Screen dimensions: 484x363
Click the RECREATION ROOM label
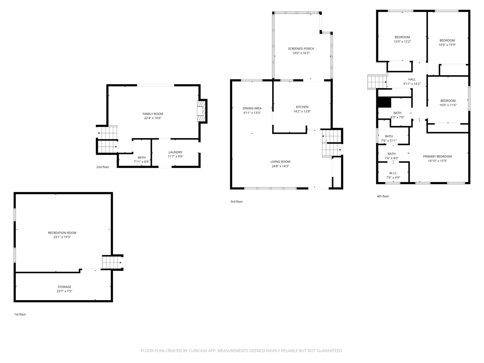62,233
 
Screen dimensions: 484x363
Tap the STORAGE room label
65,287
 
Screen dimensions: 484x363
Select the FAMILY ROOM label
153,114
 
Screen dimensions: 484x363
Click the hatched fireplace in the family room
201,111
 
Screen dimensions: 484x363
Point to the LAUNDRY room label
175,152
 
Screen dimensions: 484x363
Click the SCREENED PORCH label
301,48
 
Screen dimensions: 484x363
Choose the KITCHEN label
302,107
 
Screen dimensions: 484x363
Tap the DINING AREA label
252,108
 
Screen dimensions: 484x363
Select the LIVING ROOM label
280,162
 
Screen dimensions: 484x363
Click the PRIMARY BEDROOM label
437,157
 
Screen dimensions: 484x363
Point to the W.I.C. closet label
393,173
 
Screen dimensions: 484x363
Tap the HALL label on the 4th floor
412,79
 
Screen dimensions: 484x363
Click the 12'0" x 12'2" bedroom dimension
402,41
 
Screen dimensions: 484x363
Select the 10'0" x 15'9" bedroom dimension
447,45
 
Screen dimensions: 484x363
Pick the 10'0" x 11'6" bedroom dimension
448,105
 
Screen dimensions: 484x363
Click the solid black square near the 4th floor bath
384,102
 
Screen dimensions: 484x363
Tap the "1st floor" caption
20,314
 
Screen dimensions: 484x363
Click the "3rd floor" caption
236,201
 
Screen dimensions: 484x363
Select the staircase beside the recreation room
113,262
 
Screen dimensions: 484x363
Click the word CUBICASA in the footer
198,351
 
